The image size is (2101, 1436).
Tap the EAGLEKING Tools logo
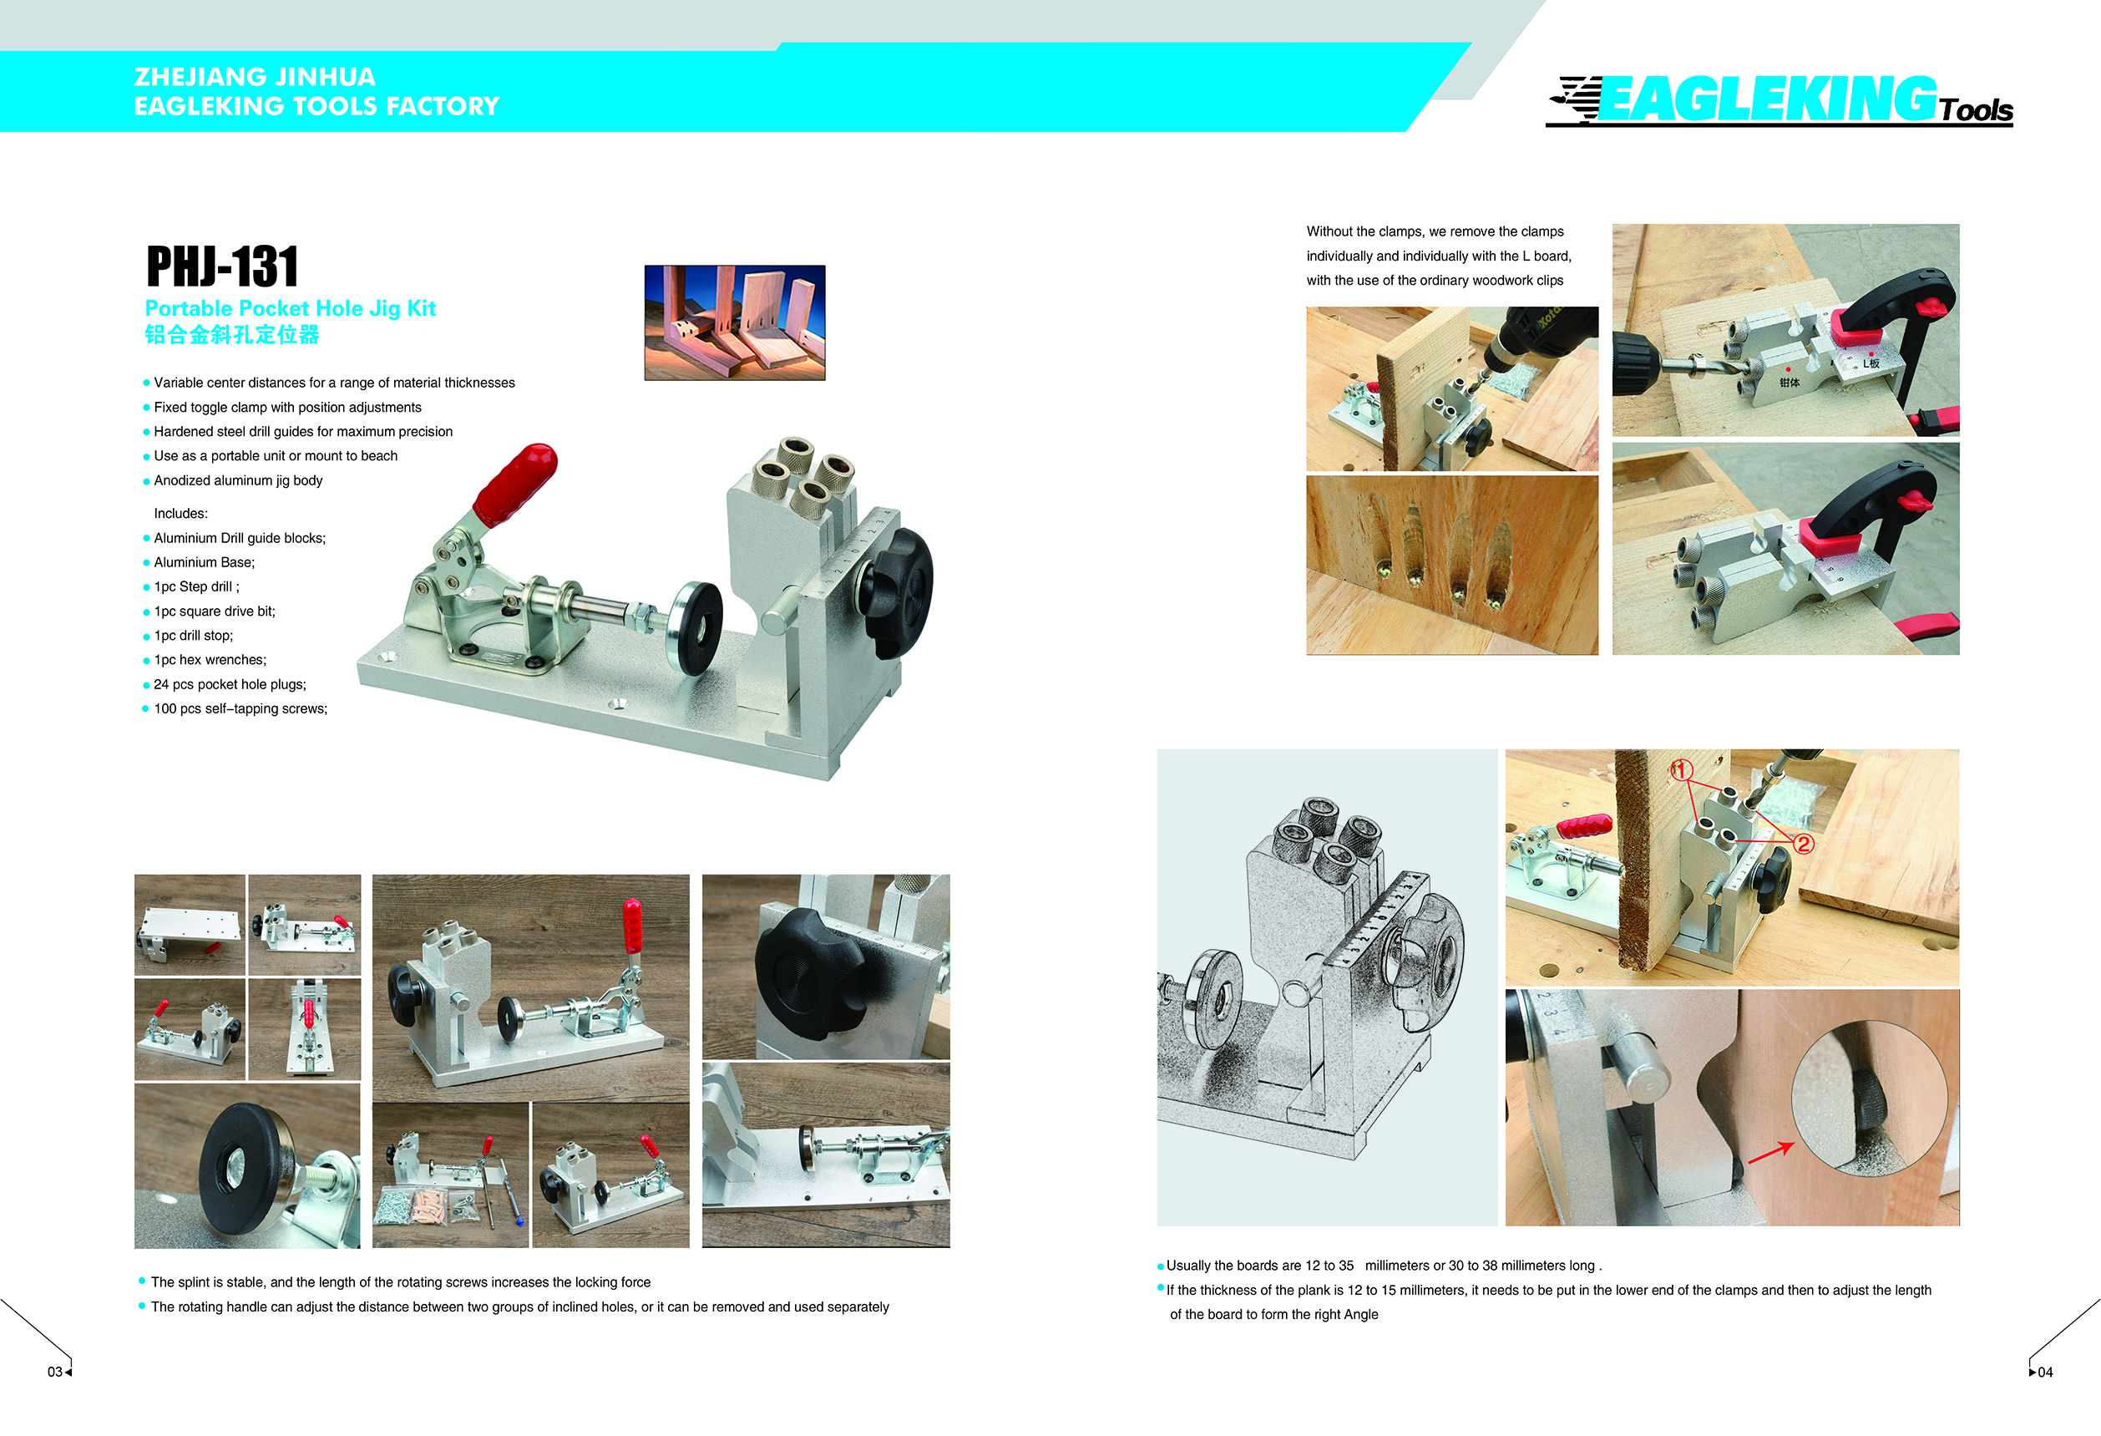(x=1780, y=100)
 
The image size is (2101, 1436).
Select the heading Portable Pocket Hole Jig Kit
(x=291, y=308)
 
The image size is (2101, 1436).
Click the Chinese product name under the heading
(x=232, y=336)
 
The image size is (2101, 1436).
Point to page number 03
(x=55, y=1372)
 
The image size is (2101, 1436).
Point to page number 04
(x=2045, y=1372)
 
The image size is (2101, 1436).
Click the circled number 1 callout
(x=1681, y=770)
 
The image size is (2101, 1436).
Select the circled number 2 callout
(x=1803, y=844)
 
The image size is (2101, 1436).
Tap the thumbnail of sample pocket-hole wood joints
(x=734, y=322)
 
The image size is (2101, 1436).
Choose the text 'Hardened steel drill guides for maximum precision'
(x=303, y=431)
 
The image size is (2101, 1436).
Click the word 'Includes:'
(x=181, y=514)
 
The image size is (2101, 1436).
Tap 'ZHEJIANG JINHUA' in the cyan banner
(x=255, y=77)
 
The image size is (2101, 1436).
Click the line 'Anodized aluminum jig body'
(x=238, y=480)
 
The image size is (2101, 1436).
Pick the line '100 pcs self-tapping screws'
(x=240, y=709)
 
